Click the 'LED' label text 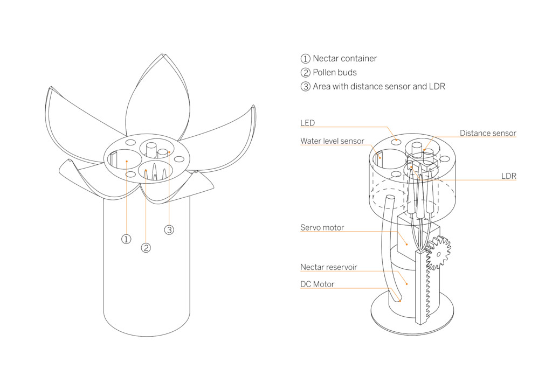point(308,123)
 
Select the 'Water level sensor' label point(332,141)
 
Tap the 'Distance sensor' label point(488,133)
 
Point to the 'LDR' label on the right point(508,176)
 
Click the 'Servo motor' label point(322,228)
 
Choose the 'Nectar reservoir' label point(328,267)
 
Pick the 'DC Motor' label point(317,284)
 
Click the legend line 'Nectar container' point(344,58)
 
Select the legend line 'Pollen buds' point(334,72)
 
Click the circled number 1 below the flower point(126,239)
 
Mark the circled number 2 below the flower point(146,248)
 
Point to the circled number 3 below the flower point(169,230)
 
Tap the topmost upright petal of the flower point(156,97)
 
